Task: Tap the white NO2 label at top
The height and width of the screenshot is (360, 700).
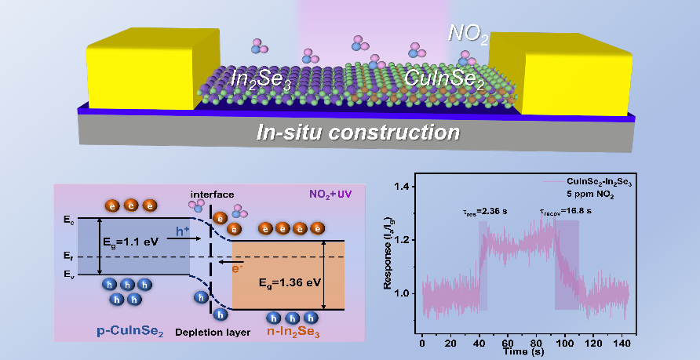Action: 468,33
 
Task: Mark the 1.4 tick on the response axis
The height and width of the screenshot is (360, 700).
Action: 405,187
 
